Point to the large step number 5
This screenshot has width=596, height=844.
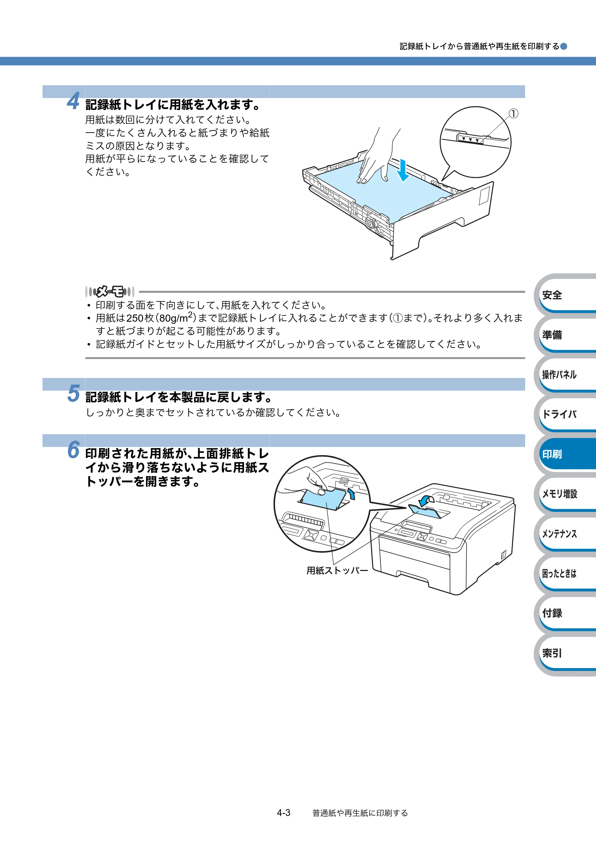(x=74, y=393)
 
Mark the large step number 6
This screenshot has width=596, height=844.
(x=74, y=450)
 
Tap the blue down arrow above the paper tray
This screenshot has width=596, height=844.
(x=403, y=170)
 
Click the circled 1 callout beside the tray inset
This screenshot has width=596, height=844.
(x=514, y=114)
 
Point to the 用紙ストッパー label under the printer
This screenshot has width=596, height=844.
(x=337, y=571)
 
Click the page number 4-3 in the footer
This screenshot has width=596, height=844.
(x=284, y=813)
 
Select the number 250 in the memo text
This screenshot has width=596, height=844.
(x=135, y=318)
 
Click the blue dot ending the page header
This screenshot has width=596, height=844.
(x=564, y=46)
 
